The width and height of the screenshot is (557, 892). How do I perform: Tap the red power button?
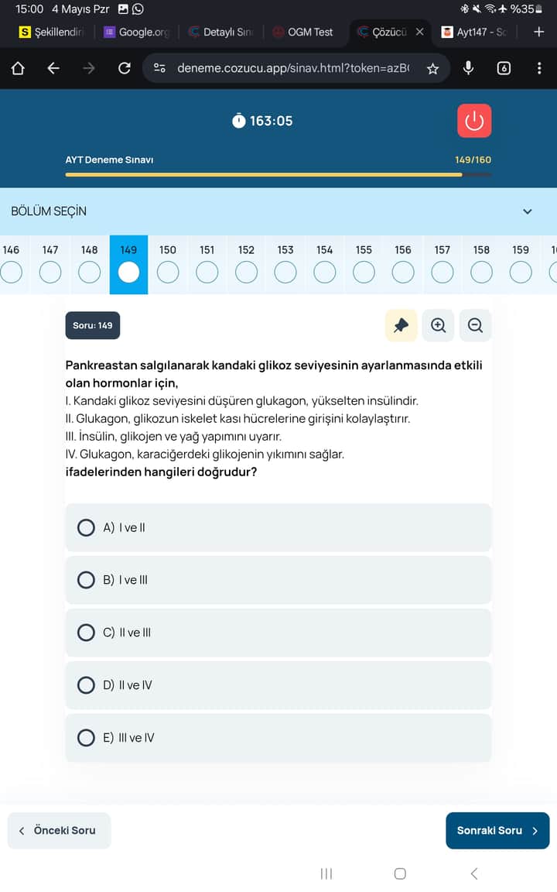[474, 121]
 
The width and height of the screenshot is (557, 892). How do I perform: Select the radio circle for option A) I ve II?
[87, 528]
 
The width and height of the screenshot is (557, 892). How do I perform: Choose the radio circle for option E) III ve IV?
[87, 738]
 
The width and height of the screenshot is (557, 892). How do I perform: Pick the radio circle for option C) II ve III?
[87, 633]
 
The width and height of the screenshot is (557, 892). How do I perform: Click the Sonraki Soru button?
[497, 830]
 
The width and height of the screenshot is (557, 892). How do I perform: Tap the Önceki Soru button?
[59, 830]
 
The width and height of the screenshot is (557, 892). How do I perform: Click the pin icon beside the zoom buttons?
[401, 326]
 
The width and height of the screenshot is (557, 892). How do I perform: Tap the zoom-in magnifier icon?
[438, 326]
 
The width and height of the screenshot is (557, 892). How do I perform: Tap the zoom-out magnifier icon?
[475, 326]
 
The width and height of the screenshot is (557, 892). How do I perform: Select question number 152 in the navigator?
[246, 250]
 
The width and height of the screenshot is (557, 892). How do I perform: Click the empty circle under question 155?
[364, 273]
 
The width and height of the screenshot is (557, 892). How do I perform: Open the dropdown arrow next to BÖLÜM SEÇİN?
[528, 211]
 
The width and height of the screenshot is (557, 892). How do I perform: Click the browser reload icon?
[124, 68]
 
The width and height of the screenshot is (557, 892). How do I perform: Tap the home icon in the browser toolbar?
[18, 68]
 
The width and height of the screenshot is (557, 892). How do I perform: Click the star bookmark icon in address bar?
[432, 68]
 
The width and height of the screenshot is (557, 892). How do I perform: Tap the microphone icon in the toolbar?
[468, 68]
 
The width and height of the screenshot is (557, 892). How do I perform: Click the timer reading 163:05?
[271, 121]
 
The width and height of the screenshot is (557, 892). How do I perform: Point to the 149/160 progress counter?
[473, 160]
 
